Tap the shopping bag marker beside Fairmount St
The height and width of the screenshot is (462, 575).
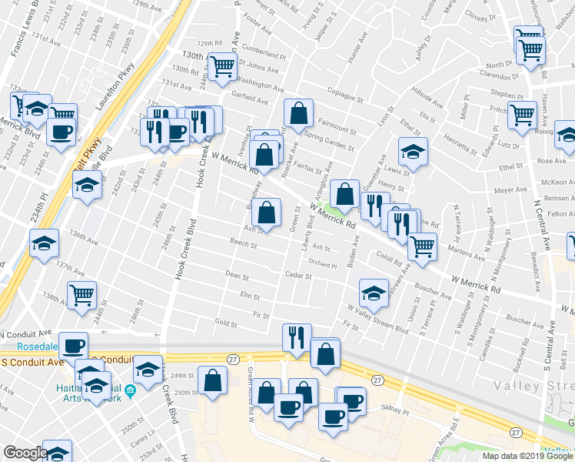point(299,114)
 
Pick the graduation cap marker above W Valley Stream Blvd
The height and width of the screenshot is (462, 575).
point(374,292)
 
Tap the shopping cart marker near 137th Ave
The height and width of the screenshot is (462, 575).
point(82,294)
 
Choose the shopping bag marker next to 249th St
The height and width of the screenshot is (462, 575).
point(212,380)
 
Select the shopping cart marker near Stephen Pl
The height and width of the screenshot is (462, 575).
point(523,115)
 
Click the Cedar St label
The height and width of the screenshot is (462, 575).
point(297,275)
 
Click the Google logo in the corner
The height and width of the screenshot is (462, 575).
point(25,452)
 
